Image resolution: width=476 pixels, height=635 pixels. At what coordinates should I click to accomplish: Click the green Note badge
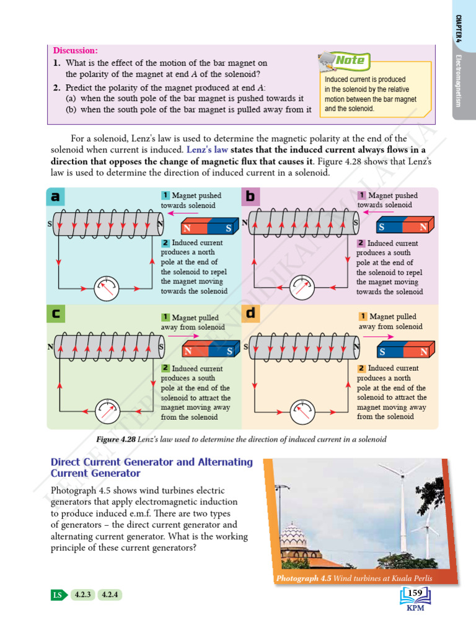[x=350, y=60]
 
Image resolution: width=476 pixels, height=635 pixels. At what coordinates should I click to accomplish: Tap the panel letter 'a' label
[x=56, y=197]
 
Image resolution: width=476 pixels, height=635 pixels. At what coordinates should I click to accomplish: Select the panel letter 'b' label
[x=250, y=197]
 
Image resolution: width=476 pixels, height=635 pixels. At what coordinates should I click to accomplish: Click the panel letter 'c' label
[x=56, y=314]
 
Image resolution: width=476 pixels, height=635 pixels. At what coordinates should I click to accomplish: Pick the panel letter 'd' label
[x=250, y=313]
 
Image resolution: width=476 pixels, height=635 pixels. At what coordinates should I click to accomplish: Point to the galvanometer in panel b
[x=301, y=287]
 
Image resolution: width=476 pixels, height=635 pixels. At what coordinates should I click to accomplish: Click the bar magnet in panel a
[x=208, y=227]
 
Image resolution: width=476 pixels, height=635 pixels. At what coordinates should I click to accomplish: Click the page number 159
[x=415, y=594]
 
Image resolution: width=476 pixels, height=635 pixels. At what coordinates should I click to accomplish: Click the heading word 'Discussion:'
[x=75, y=50]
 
